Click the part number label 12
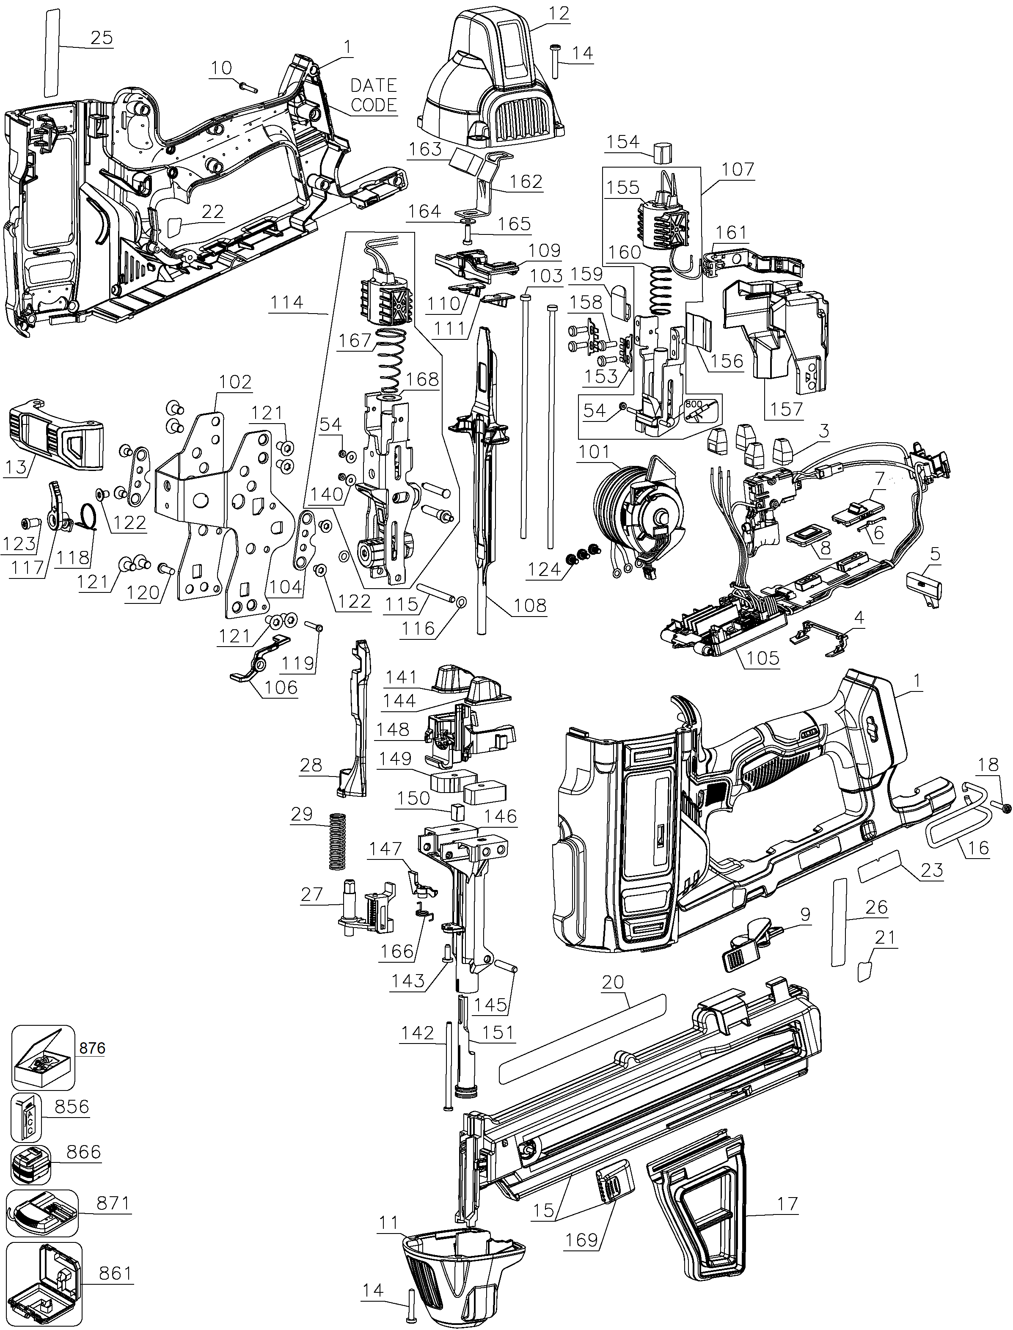click(x=559, y=13)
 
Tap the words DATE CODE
click(x=373, y=95)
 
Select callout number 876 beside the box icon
click(x=92, y=1048)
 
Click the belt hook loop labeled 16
click(x=959, y=815)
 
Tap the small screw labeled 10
click(x=248, y=87)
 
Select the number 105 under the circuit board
click(x=763, y=657)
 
